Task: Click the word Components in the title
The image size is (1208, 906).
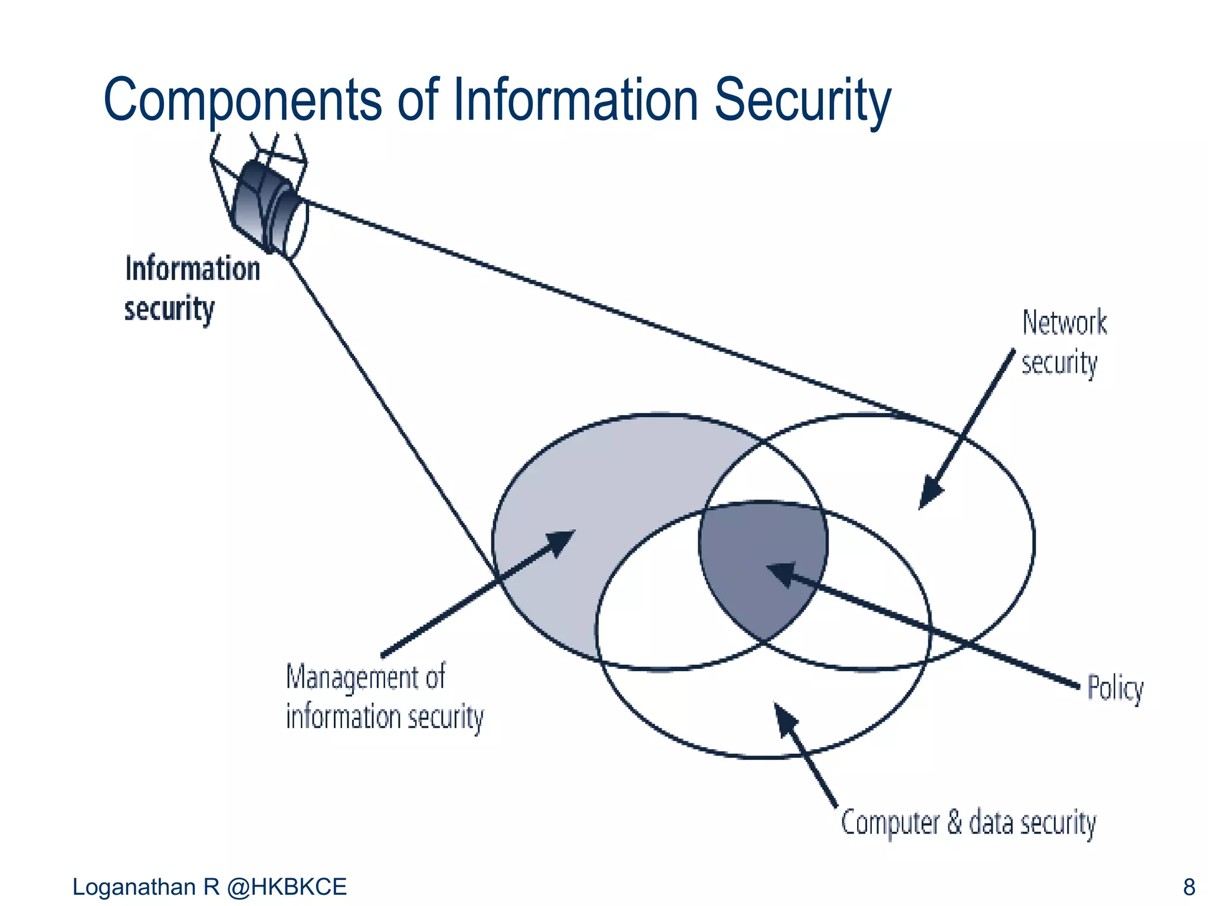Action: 242,100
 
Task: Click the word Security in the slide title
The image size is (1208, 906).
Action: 802,100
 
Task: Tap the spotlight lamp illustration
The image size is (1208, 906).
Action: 265,206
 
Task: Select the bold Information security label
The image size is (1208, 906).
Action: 192,289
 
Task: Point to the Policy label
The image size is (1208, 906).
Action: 1115,688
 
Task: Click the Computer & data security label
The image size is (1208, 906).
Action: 968,822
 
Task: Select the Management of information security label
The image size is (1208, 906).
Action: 384,697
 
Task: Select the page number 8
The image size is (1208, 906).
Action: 1189,887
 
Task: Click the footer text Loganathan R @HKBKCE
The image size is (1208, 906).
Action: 209,887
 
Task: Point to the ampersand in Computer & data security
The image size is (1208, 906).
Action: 954,822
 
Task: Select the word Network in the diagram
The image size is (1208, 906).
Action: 1064,323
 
